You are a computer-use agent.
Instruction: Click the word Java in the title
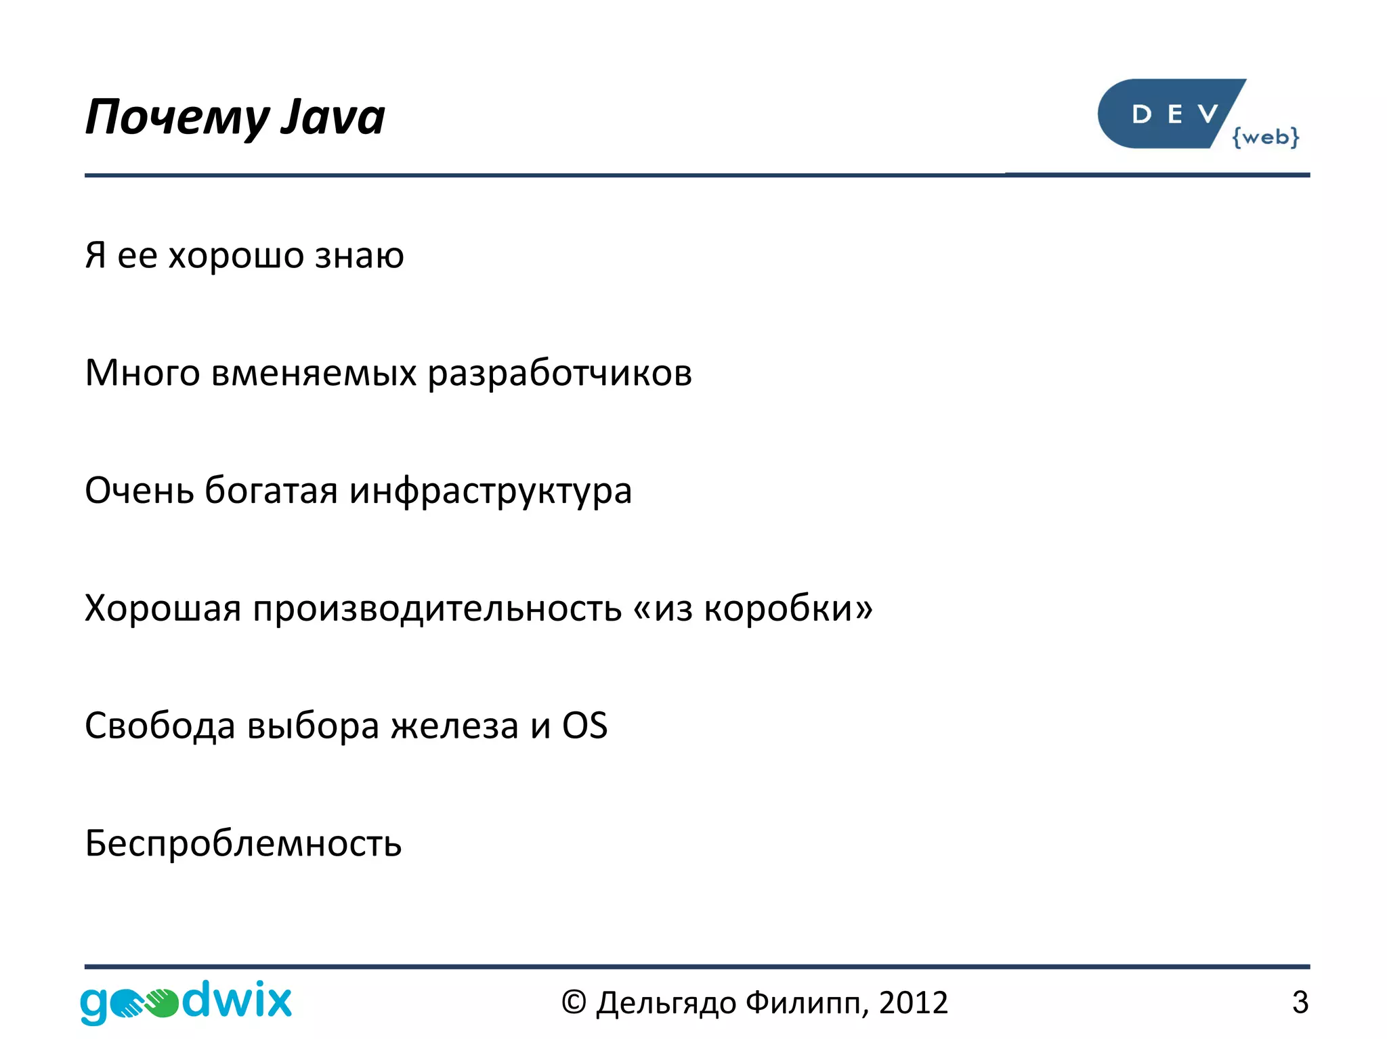(x=333, y=117)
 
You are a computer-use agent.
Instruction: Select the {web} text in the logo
(x=1265, y=137)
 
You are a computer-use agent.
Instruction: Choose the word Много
(x=142, y=373)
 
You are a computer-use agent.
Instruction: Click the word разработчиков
(x=559, y=373)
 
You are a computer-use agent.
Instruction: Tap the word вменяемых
(x=314, y=373)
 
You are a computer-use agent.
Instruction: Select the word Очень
(x=139, y=490)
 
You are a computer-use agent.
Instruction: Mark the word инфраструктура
(x=490, y=491)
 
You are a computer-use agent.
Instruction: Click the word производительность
(x=437, y=608)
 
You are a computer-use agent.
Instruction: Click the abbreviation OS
(x=584, y=726)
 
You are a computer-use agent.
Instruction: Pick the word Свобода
(x=160, y=726)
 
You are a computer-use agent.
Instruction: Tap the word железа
(x=454, y=726)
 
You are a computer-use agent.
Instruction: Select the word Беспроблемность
(x=243, y=843)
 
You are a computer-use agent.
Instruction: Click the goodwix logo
(x=186, y=1001)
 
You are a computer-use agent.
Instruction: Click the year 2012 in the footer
(x=914, y=1002)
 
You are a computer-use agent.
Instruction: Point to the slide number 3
(x=1300, y=1002)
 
